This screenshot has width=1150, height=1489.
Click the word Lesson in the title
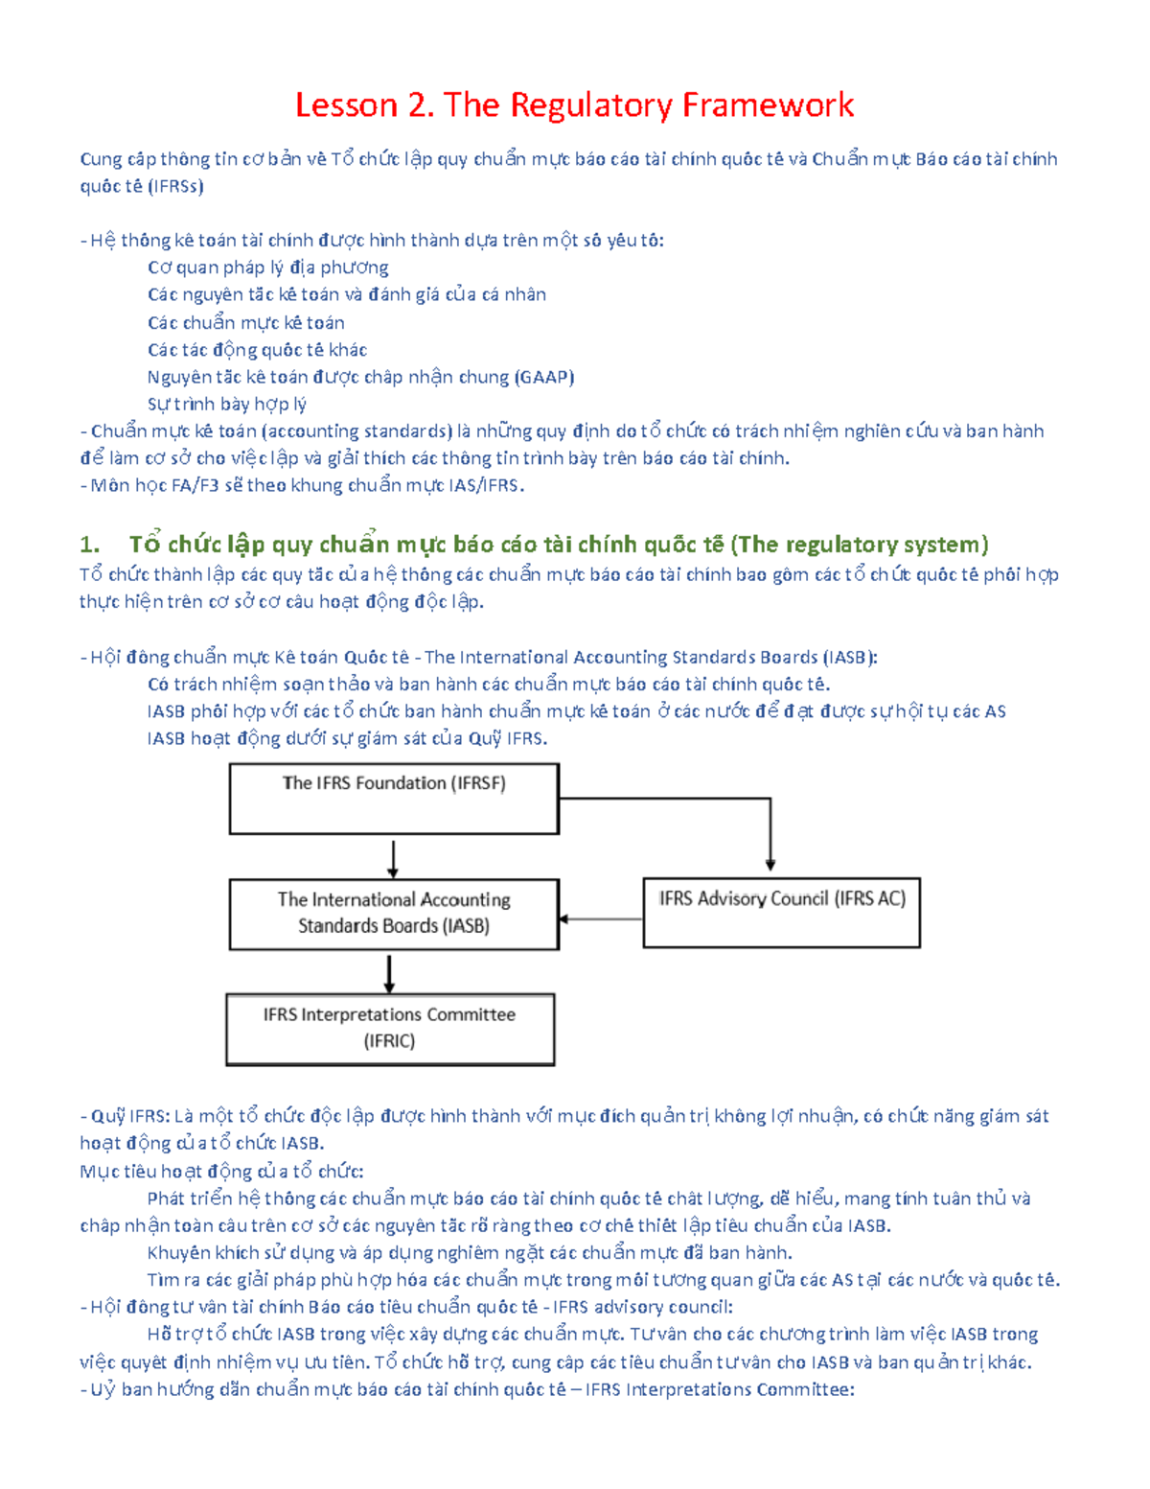(x=346, y=105)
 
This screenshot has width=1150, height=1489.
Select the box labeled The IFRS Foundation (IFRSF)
(x=394, y=799)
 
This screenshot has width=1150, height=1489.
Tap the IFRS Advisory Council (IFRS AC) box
(x=781, y=913)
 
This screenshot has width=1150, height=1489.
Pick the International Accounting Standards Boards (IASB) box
(x=394, y=914)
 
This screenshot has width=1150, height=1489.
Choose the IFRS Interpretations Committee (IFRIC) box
(x=390, y=1029)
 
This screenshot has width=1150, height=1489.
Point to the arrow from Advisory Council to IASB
(x=601, y=919)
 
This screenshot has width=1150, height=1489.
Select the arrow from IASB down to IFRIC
(x=389, y=973)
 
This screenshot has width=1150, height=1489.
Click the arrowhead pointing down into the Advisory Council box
(x=770, y=865)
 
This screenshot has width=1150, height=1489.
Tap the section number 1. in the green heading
(x=89, y=545)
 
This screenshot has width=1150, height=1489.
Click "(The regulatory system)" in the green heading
(x=859, y=545)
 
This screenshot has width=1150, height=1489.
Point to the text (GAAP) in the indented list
(x=544, y=377)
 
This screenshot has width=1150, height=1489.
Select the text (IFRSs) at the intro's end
(x=176, y=186)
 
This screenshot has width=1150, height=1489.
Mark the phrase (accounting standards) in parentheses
(x=356, y=431)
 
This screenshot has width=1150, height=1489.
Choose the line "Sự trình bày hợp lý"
(x=227, y=404)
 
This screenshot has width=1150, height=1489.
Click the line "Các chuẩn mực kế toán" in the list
(x=246, y=322)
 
